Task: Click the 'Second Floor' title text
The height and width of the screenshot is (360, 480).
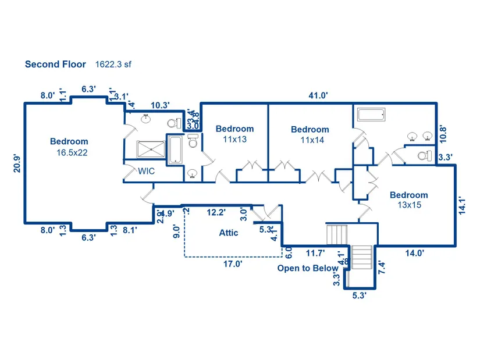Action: (55, 65)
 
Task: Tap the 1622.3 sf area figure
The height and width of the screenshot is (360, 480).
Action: (113, 65)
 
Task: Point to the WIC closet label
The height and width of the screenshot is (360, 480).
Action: (146, 172)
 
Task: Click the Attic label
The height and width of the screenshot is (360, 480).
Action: (229, 233)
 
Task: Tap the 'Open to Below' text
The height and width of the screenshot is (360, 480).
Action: (307, 268)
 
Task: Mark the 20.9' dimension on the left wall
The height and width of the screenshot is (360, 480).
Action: (17, 163)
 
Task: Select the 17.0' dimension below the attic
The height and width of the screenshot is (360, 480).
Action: (233, 263)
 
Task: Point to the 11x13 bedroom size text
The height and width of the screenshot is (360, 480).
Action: (234, 139)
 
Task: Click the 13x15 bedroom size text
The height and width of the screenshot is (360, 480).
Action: (408, 205)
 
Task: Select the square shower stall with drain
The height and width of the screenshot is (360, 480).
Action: (151, 149)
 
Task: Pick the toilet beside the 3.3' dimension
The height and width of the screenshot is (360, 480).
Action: (426, 156)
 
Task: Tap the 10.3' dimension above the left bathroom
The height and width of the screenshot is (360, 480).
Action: (160, 105)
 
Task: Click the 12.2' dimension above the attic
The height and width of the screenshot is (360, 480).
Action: (216, 213)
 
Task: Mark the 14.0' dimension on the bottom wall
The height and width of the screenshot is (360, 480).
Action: (414, 253)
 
